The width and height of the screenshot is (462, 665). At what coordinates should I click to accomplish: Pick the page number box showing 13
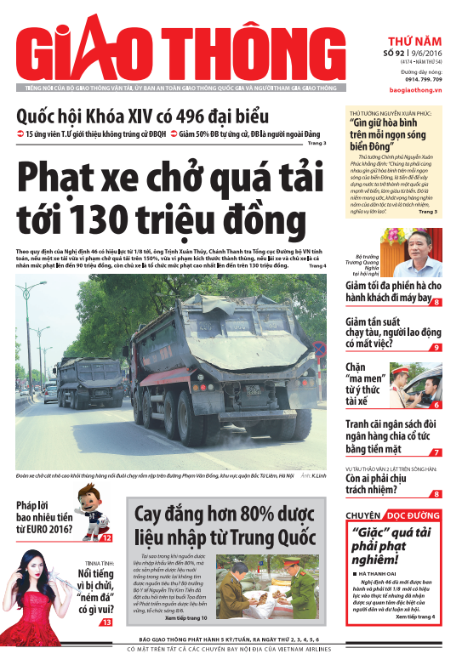(x=106, y=622)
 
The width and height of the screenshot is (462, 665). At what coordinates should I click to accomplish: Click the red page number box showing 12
(x=106, y=537)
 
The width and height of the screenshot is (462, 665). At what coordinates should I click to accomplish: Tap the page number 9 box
(x=436, y=347)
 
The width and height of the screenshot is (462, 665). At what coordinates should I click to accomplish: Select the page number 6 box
(x=436, y=406)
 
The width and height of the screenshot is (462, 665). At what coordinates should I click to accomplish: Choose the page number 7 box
(x=436, y=452)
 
